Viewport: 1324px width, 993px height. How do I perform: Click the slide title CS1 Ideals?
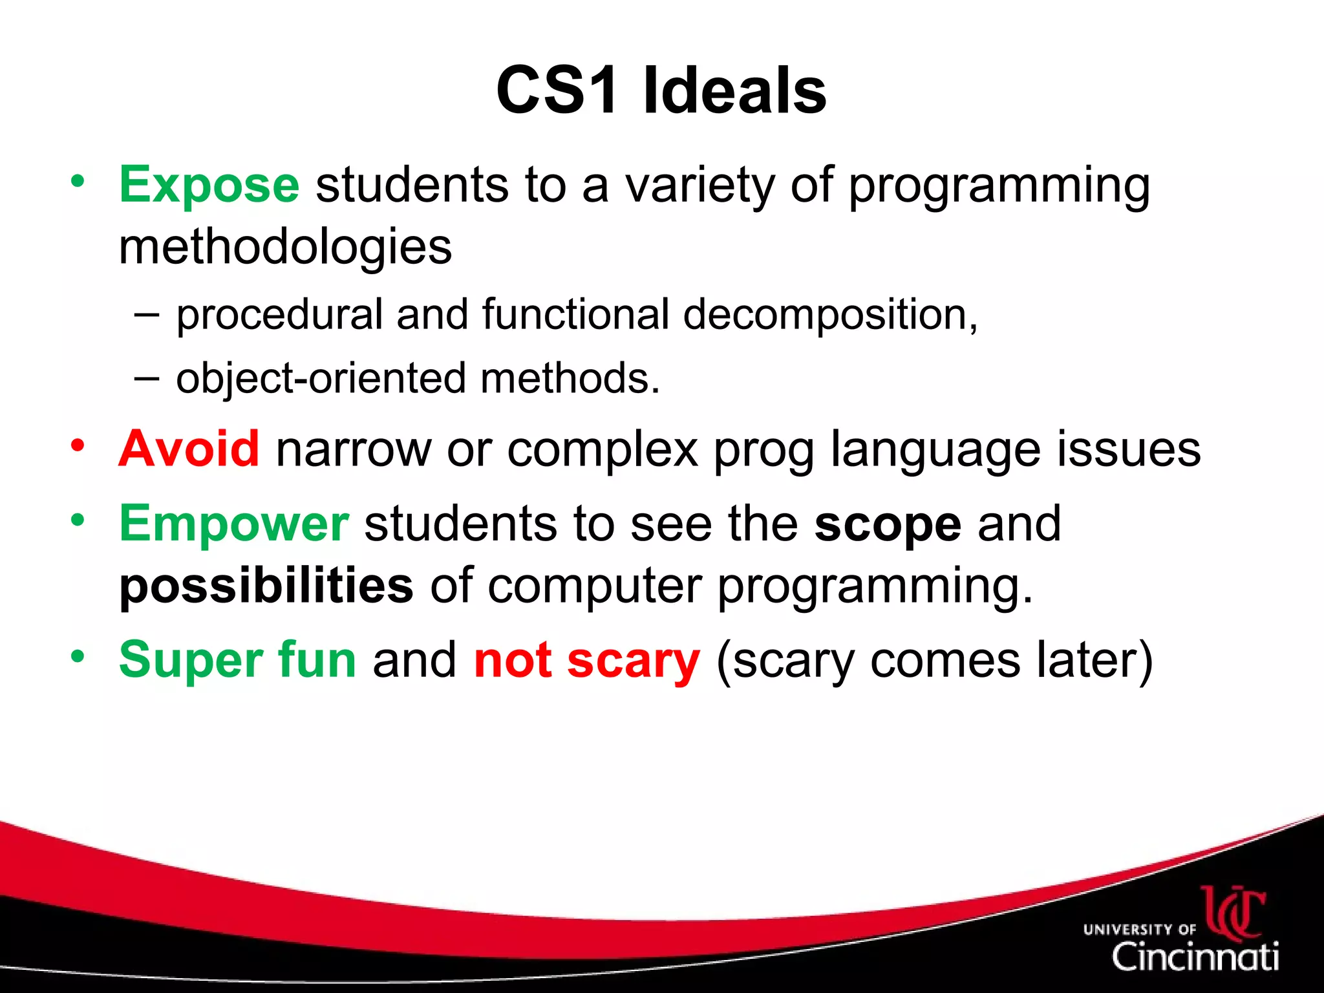click(x=661, y=91)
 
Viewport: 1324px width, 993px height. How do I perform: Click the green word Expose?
click(x=209, y=185)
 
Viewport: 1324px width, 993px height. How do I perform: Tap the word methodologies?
click(x=285, y=248)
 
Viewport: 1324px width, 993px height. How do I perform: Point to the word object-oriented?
click(x=321, y=379)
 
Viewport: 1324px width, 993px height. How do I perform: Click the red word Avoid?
click(x=189, y=449)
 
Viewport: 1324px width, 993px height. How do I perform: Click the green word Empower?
click(x=234, y=523)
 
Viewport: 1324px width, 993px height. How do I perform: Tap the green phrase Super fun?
click(x=237, y=660)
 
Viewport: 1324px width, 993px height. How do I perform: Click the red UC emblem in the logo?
click(x=1233, y=912)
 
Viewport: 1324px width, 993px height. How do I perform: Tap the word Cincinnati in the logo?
click(x=1195, y=956)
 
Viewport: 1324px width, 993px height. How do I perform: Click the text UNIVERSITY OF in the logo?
click(x=1139, y=930)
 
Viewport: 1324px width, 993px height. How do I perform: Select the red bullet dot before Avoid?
click(x=78, y=445)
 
